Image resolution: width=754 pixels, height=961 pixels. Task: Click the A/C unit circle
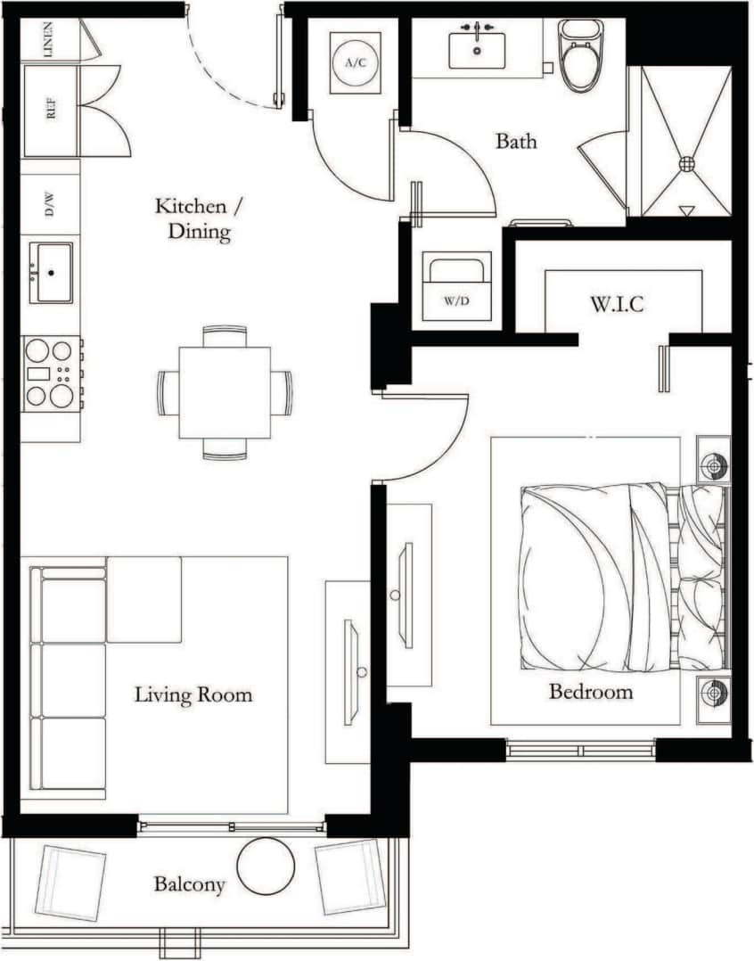pos(355,63)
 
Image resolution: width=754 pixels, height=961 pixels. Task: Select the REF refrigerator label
pos(50,112)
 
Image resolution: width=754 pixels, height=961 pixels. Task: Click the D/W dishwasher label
pos(50,206)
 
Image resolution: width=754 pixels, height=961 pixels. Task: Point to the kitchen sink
pos(51,272)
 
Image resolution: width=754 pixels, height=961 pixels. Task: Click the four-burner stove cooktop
pos(51,373)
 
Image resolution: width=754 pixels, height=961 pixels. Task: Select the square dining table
pos(225,392)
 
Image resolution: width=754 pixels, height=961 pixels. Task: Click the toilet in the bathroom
pos(578,55)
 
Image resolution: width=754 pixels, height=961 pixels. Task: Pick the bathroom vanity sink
pos(477,48)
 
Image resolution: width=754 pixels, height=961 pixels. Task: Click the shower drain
pos(686,164)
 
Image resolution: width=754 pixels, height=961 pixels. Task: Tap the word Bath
pos(516,141)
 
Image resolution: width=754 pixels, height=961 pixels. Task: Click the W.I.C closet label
pos(616,304)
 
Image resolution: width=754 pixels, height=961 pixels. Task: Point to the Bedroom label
pos(590,692)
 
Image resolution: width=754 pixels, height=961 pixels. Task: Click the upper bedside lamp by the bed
pos(713,464)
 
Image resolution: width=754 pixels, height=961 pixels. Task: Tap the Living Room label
pos(193,694)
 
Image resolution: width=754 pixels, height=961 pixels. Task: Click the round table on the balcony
pos(266,866)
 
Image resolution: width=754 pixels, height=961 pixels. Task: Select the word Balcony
pos(189,885)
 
